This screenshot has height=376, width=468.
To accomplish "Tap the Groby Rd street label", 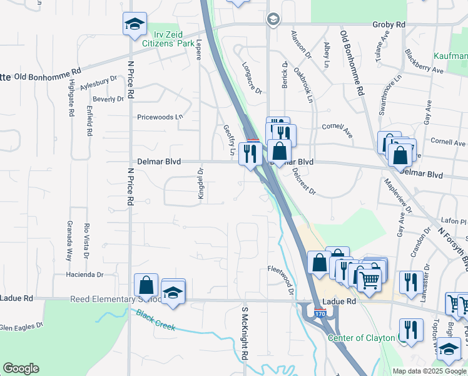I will point(389,24).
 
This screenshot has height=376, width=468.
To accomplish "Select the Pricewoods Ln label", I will point(160,117).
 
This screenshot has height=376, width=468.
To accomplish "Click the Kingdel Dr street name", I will point(201,184).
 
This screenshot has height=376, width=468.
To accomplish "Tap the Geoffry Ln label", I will point(228,140).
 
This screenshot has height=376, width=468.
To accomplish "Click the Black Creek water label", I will point(153,320).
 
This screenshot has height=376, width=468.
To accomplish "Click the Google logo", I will point(21,368).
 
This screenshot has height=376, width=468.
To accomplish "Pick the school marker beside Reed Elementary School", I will point(173,292).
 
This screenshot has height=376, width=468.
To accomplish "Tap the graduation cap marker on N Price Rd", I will point(135,24).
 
